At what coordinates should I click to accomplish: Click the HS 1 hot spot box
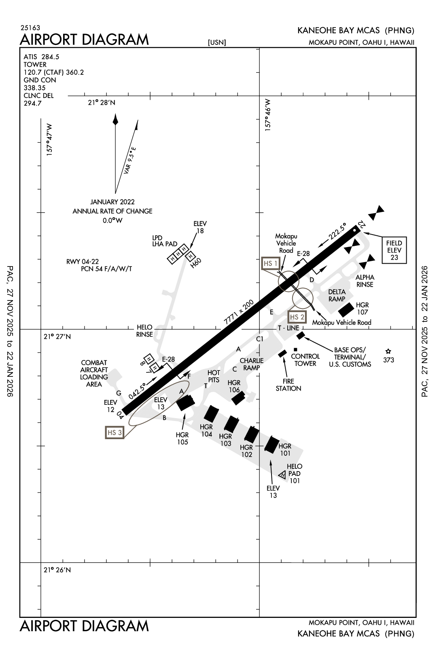click(270, 263)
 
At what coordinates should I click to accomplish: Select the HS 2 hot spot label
click(297, 317)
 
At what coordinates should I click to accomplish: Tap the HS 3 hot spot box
click(115, 432)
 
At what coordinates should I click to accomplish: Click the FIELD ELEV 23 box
click(394, 250)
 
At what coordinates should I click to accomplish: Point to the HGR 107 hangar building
click(346, 310)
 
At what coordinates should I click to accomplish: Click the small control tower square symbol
click(295, 350)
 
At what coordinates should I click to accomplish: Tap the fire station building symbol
click(282, 353)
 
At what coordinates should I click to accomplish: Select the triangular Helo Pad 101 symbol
click(282, 474)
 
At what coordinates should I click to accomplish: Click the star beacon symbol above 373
click(388, 351)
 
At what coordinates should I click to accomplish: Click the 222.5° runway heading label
click(337, 232)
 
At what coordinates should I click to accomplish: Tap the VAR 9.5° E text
click(130, 160)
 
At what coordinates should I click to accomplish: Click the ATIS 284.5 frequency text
click(41, 57)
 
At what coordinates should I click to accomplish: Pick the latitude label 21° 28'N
click(102, 103)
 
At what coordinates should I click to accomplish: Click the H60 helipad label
click(196, 263)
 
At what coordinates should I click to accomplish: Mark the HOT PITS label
click(213, 376)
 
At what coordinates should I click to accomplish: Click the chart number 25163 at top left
click(30, 28)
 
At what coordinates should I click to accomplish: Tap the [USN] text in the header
click(216, 42)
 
